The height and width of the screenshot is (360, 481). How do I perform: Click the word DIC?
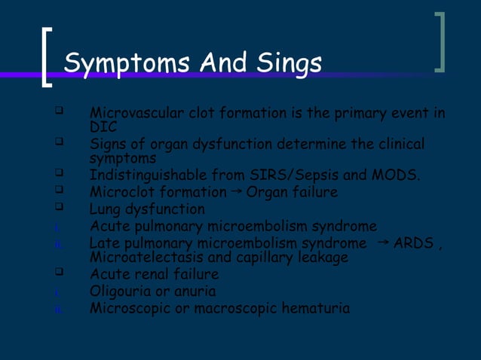point(103,127)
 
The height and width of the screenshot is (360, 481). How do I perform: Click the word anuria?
point(195,291)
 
